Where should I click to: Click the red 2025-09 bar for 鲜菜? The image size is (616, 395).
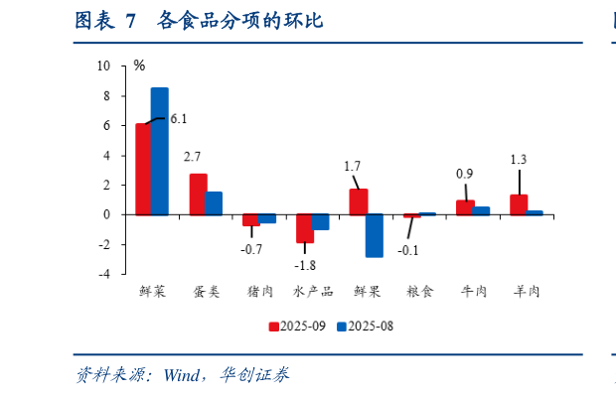[x=143, y=169]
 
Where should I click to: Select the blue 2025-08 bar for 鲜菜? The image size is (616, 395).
[x=159, y=151]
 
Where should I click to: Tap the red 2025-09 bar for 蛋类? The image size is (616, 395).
[x=198, y=195]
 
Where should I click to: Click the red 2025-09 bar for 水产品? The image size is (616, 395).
[x=304, y=228]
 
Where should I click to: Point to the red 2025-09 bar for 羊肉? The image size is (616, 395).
[x=519, y=204]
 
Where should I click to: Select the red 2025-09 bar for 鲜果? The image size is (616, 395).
[x=358, y=201]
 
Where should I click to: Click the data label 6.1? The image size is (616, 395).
[x=178, y=119]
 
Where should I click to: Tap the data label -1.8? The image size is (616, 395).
[x=306, y=265]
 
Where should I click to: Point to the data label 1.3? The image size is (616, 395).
[x=518, y=159]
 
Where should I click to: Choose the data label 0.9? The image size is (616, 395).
[x=464, y=174]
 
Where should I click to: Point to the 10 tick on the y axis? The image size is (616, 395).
[x=104, y=66]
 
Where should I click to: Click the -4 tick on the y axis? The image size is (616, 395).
[x=106, y=273]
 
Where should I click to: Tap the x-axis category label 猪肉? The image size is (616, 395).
[x=258, y=292]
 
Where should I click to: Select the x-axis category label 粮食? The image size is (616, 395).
[x=419, y=292]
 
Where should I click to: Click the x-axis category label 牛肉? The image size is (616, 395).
[x=473, y=292]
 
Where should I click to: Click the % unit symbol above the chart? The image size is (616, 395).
[x=139, y=66]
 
